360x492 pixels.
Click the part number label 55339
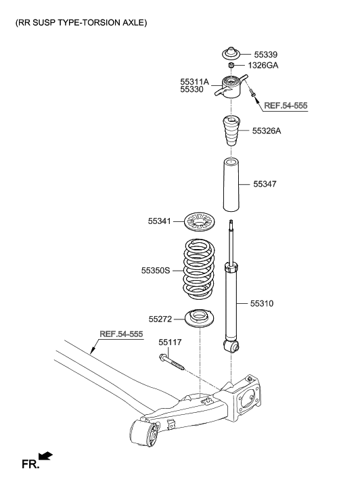coord(265,54)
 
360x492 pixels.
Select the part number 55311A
coord(194,81)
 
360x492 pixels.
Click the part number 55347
coord(265,183)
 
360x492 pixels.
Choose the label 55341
coord(160,221)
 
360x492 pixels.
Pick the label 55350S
coord(156,270)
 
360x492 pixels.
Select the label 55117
coord(171,343)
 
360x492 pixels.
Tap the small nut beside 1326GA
coord(231,66)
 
